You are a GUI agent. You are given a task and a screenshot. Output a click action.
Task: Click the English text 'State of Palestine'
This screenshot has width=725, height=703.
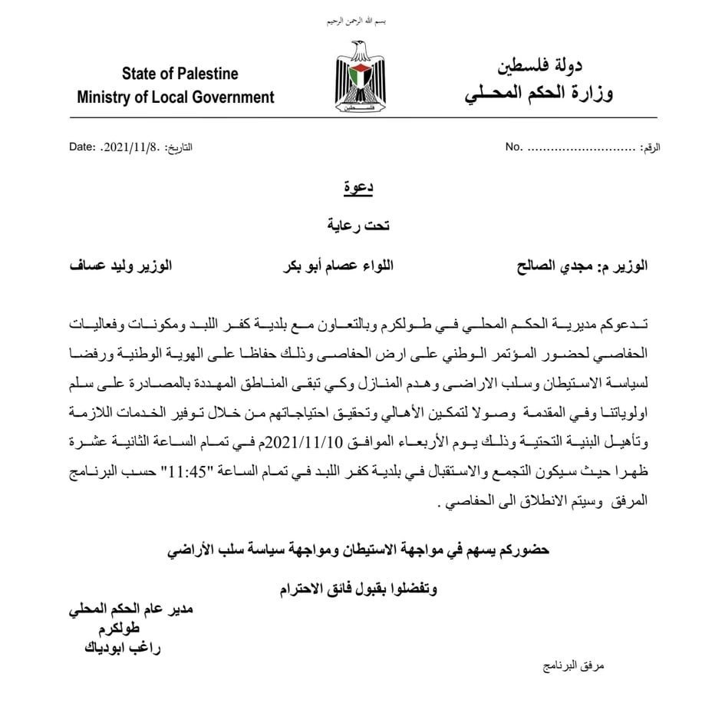coord(180,74)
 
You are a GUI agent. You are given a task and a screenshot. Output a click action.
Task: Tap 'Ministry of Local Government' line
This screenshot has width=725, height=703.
coord(176,97)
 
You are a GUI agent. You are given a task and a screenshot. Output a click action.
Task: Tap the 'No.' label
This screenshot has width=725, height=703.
coord(513,146)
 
